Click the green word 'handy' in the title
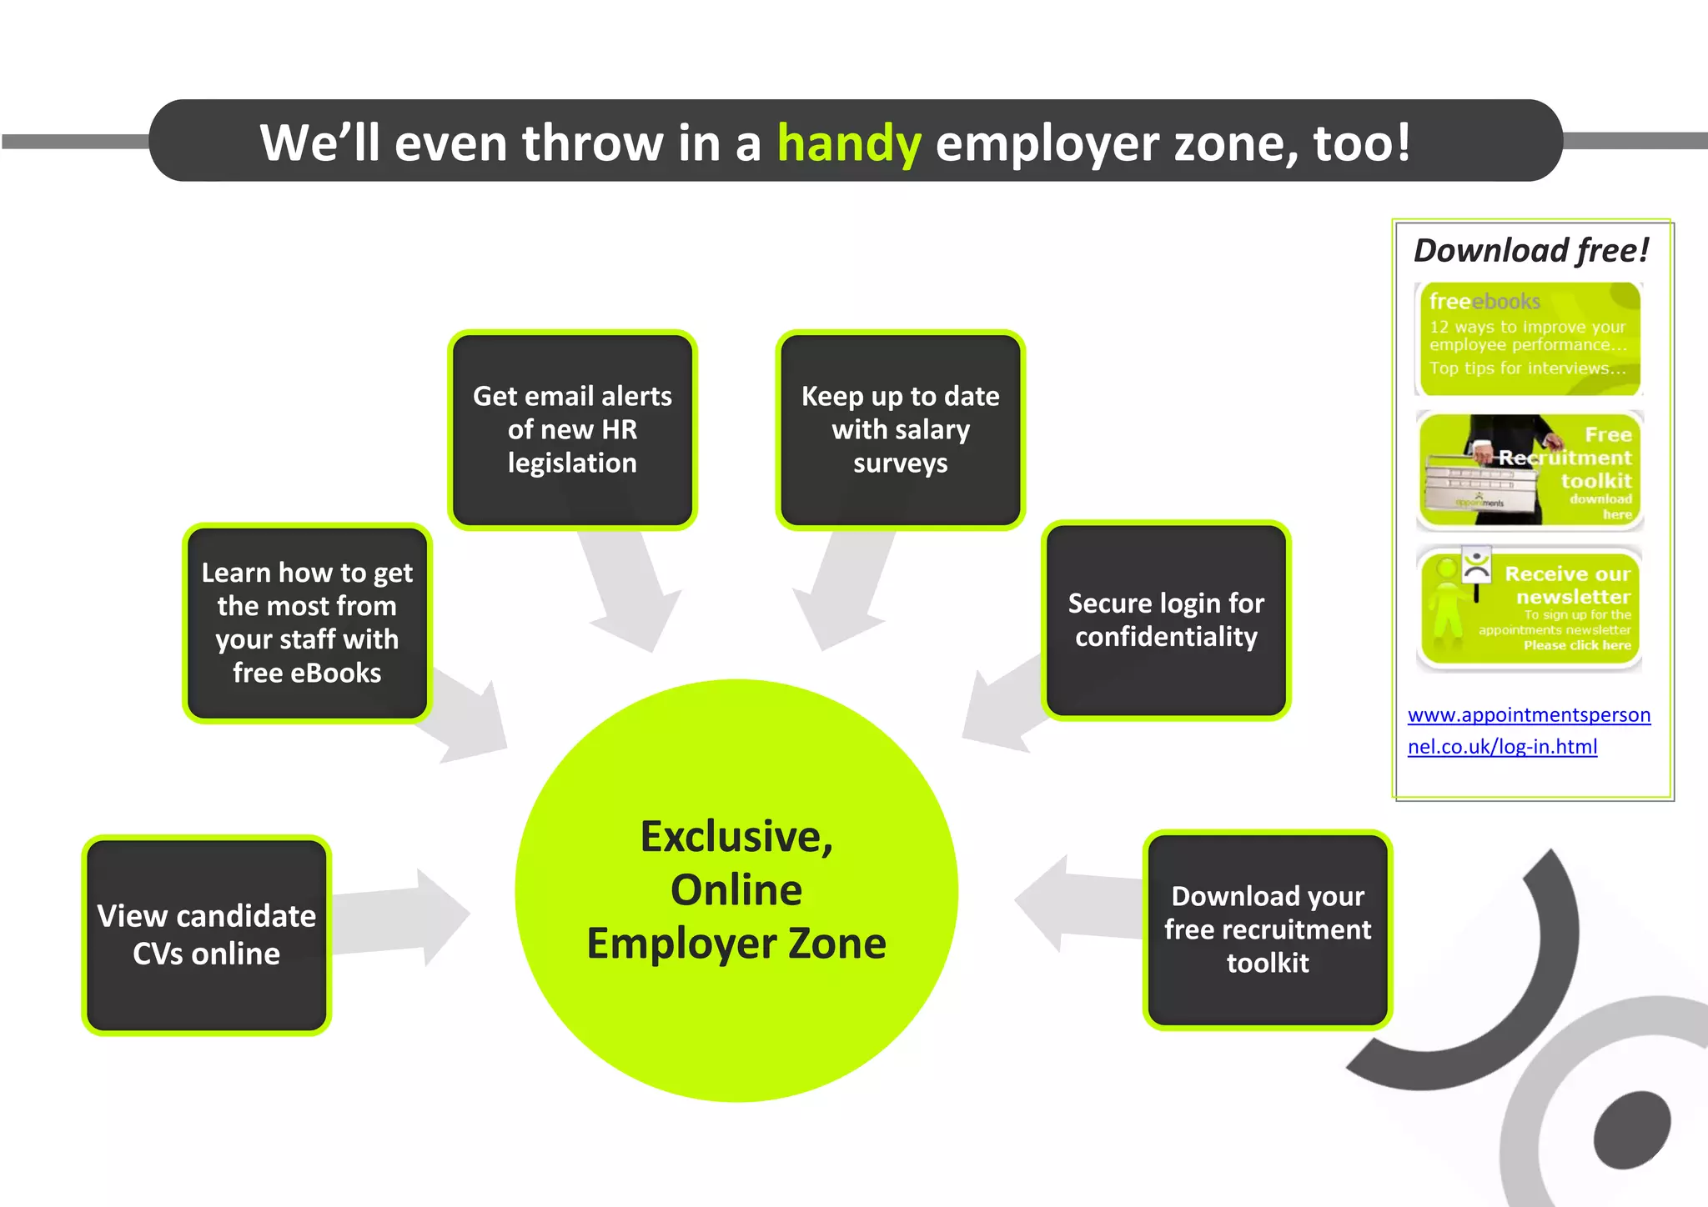[849, 143]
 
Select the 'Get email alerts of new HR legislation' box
[572, 430]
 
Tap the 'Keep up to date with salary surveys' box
[900, 430]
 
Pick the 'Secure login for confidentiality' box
[1166, 620]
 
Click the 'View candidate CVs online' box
[207, 934]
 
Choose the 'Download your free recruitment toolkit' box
[1267, 929]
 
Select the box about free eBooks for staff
[307, 623]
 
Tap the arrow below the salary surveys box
[842, 593]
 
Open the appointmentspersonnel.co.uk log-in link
[1528, 730]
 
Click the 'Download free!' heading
[1531, 250]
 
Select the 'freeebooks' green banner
[1528, 338]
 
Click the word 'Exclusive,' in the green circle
[736, 837]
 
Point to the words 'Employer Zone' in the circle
[736, 944]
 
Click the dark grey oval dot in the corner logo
[1632, 1129]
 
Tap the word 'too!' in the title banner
[1362, 143]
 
